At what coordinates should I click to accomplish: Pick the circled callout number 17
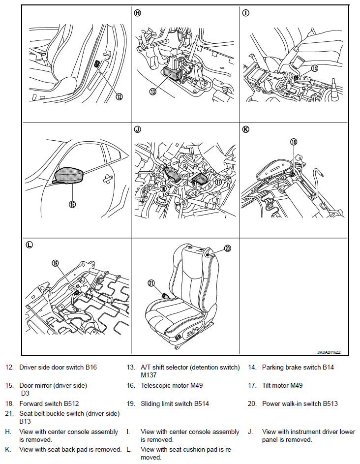click(218, 182)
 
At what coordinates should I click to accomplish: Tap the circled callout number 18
click(294, 142)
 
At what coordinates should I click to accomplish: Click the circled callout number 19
click(56, 263)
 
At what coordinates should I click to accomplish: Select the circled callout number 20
click(227, 248)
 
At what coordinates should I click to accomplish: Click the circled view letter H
click(137, 13)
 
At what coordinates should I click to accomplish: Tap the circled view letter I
click(245, 13)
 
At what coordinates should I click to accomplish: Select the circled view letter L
click(29, 245)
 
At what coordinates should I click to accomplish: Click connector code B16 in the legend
click(91, 367)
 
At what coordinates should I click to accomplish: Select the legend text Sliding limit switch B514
click(175, 404)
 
